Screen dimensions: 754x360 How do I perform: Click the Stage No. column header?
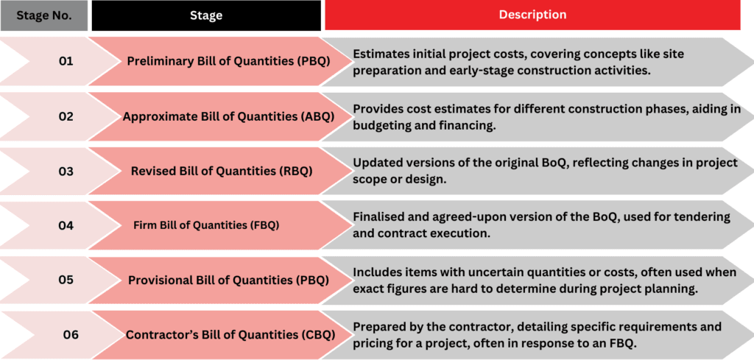tap(44, 15)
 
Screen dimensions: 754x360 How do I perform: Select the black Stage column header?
tap(206, 15)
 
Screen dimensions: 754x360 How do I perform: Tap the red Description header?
tap(532, 15)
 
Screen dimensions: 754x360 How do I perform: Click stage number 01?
tap(66, 62)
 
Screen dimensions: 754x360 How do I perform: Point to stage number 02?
tap(66, 116)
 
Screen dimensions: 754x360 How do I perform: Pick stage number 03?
tap(66, 171)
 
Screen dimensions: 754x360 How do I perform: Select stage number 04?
tap(66, 225)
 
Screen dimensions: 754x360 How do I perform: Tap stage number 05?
tap(66, 280)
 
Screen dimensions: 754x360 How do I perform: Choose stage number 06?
tap(71, 334)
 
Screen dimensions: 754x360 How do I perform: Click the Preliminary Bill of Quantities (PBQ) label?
tap(228, 62)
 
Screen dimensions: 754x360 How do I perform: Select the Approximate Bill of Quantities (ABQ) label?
tap(228, 117)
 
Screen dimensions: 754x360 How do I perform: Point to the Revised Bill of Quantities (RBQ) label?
tap(222, 171)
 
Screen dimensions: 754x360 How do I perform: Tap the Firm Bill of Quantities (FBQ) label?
tap(206, 225)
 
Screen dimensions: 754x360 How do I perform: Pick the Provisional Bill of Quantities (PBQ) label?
tap(228, 280)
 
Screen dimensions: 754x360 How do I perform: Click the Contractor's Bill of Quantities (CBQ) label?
tap(230, 334)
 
